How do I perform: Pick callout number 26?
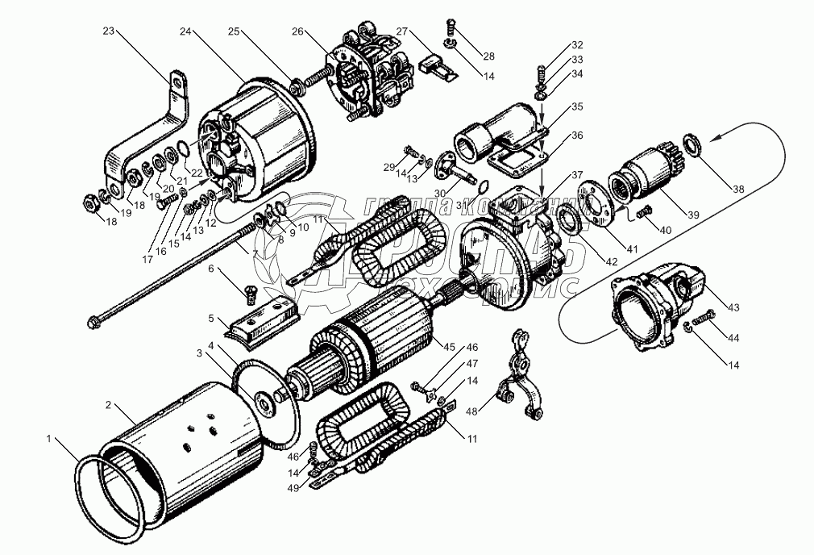[297, 31]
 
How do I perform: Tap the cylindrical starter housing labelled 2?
[193, 452]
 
